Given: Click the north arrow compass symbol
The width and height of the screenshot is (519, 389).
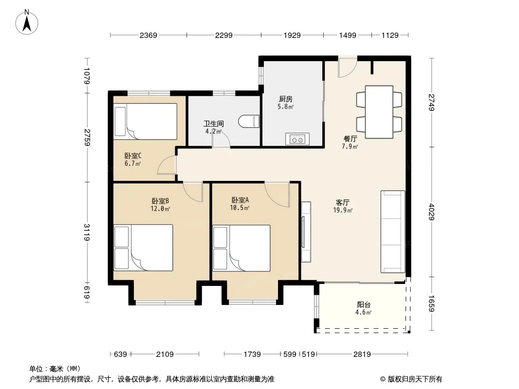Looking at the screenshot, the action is pos(27,22).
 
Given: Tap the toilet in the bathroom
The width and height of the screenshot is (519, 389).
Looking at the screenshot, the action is pos(249,121).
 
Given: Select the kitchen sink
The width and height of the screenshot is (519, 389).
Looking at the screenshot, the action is pos(297,139).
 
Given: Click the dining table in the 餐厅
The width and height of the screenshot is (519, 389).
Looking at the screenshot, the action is pos(379,112).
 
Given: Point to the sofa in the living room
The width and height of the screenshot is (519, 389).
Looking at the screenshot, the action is pos(392,231).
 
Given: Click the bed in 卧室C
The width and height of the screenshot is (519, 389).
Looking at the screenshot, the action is pos(145,121).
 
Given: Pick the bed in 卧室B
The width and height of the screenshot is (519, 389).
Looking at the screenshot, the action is pos(143,248).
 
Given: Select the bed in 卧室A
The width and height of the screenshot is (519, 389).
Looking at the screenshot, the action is pos(241,248).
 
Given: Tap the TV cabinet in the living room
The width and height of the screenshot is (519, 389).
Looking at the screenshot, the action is pos(306,231).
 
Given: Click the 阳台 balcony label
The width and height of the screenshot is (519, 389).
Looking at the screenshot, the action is pos(363,305).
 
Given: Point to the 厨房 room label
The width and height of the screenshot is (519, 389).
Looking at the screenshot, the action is pos(285,99).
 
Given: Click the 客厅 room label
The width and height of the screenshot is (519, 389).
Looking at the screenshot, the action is pos(343,202).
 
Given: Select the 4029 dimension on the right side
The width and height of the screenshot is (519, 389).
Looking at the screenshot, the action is pos(431,212).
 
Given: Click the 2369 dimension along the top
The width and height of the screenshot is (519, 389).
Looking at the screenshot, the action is pos(148,35).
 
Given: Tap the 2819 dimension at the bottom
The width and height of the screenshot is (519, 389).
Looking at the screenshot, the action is pos(362,354).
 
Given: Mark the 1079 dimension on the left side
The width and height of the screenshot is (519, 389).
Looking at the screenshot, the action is pos(87,76).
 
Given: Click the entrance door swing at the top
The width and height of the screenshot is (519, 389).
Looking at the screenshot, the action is pos(347,68).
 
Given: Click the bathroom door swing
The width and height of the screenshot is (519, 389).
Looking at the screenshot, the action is pos(221,139).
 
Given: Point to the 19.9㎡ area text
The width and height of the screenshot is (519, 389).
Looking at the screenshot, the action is pos(343,210).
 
